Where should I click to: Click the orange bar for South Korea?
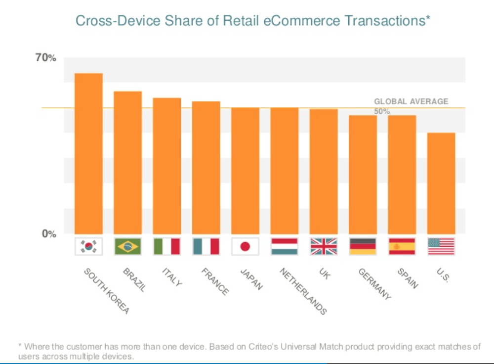88,153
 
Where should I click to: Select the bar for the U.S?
441,183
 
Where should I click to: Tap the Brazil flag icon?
127,246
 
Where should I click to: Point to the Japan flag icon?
245,246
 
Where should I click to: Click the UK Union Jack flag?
324,246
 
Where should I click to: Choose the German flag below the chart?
363,246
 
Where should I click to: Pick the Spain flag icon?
402,246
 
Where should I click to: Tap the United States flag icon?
441,246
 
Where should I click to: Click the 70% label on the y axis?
46,58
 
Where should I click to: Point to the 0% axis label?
48,233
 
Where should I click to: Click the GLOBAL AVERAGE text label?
411,101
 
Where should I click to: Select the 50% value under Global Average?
382,112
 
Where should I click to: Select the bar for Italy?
166,166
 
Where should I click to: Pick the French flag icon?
206,246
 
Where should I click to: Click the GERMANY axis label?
374,284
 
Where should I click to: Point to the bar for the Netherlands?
284,171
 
